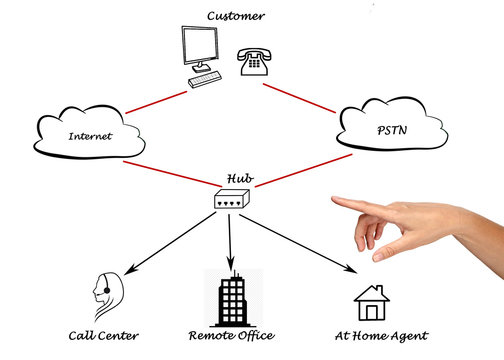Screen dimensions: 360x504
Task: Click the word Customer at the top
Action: pyautogui.click(x=236, y=15)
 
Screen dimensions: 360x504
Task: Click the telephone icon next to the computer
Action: pyautogui.click(x=253, y=62)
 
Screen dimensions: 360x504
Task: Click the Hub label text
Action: pyautogui.click(x=239, y=180)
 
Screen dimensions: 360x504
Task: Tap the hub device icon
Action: pyautogui.click(x=232, y=200)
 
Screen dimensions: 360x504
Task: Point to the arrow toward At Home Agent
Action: pyautogui.click(x=300, y=245)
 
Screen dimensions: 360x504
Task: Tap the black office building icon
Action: pyautogui.click(x=230, y=296)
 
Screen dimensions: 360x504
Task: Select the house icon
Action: pyautogui.click(x=371, y=302)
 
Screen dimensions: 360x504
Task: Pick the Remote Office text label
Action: pyautogui.click(x=231, y=335)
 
